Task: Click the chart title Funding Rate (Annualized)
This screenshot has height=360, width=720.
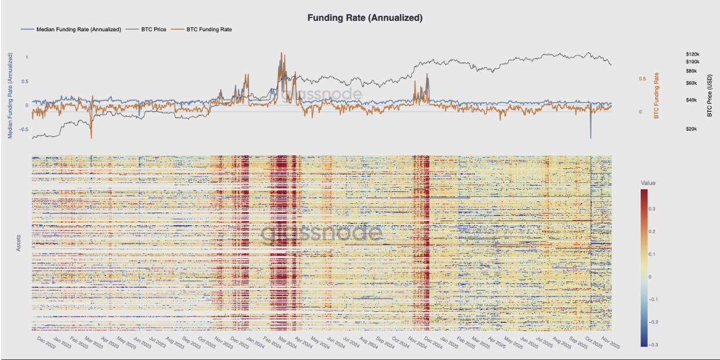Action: click(x=365, y=18)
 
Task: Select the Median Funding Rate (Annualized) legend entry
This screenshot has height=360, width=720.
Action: click(x=78, y=29)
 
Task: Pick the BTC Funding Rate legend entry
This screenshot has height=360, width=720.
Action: click(x=209, y=29)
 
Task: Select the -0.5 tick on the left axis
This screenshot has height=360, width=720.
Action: click(x=23, y=129)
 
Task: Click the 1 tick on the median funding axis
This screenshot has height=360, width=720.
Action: click(x=26, y=57)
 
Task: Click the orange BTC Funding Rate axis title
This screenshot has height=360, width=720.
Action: click(x=657, y=95)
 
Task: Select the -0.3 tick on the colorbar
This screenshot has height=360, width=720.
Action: click(x=652, y=344)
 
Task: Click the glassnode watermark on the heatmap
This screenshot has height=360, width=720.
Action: click(x=321, y=233)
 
